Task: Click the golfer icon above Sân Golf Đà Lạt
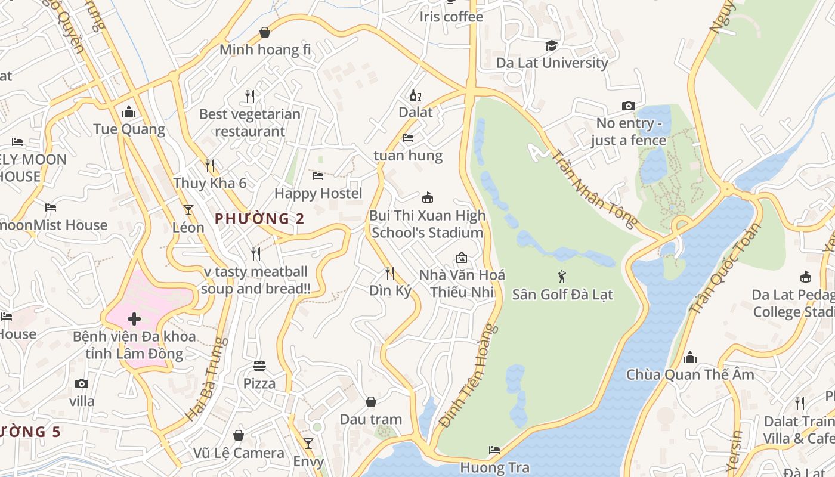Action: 562,277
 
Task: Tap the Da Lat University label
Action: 552,63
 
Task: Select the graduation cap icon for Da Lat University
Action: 552,46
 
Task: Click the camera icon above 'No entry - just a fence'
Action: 628,106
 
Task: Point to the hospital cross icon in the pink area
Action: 134,319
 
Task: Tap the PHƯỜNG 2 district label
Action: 259,219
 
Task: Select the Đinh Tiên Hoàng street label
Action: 468,376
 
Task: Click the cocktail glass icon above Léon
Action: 188,209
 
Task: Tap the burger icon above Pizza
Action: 259,366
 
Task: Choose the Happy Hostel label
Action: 318,193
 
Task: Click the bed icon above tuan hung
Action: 408,138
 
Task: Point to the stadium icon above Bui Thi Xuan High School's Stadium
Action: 427,197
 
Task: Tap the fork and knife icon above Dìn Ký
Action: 390,273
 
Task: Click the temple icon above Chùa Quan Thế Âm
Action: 690,357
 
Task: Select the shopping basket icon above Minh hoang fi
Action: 265,32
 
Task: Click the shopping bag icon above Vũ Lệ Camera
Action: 239,435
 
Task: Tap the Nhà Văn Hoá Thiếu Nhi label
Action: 462,283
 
